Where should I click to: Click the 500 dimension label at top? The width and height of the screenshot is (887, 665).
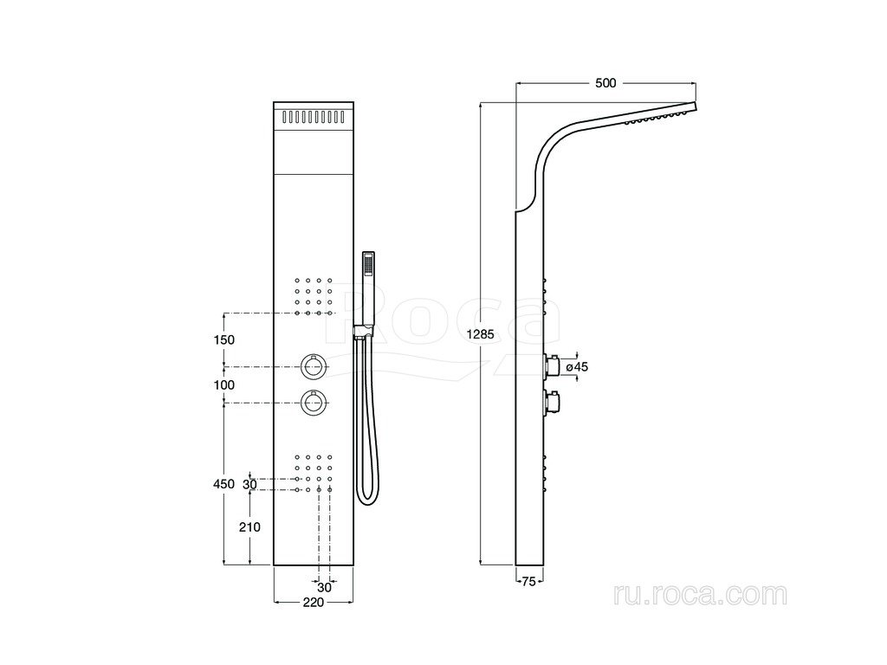click(605, 83)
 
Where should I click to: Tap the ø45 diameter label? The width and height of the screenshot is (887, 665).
click(577, 367)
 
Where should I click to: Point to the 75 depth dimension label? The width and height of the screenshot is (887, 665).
click(528, 581)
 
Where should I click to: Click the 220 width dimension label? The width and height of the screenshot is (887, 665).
click(313, 602)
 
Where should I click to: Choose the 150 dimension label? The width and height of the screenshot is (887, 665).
click(224, 340)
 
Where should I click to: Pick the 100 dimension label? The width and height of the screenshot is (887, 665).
click(224, 384)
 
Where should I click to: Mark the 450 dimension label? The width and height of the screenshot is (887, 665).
click(223, 484)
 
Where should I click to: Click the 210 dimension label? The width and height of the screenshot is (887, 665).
click(250, 526)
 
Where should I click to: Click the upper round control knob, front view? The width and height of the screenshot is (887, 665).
click(313, 367)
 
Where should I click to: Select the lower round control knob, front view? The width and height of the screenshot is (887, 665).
click(313, 403)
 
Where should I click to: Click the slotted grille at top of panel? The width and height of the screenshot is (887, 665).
click(313, 116)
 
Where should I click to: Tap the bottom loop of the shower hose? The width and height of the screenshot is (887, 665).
click(367, 499)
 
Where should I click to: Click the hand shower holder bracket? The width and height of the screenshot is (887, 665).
click(360, 330)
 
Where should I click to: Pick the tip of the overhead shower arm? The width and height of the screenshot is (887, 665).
click(693, 107)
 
